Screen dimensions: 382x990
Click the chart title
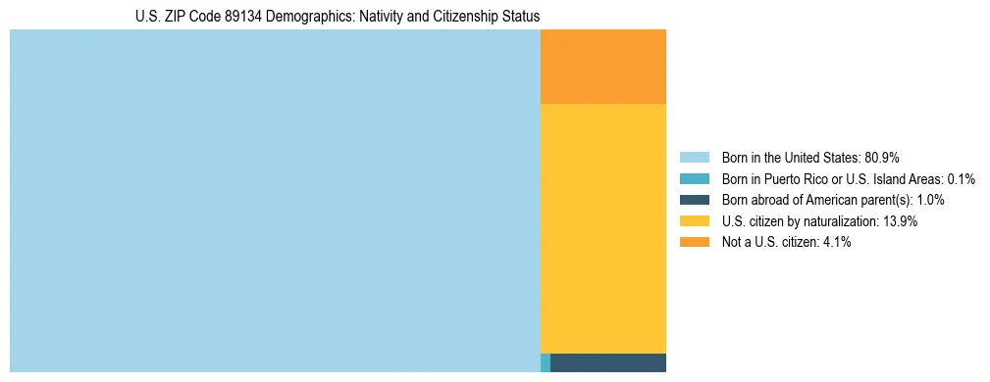[x=338, y=17]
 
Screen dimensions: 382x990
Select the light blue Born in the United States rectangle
[x=275, y=201]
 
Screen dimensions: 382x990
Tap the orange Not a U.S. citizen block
[x=603, y=67]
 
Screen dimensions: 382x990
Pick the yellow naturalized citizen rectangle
[x=603, y=228]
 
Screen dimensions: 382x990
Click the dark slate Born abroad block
[x=608, y=363]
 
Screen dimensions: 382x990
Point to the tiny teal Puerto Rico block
[x=546, y=363]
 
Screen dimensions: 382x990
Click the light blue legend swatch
[x=694, y=158]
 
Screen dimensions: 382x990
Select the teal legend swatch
[x=694, y=179]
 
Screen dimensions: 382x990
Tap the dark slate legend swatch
[x=694, y=200]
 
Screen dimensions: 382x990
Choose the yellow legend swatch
[x=694, y=221]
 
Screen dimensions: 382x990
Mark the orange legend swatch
[x=694, y=242]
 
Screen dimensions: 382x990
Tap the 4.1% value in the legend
[x=834, y=242]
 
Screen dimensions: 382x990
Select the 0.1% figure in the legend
[x=961, y=179]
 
